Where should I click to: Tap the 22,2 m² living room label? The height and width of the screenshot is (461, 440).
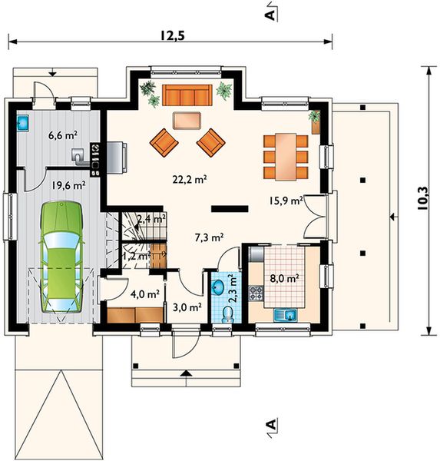click(190, 179)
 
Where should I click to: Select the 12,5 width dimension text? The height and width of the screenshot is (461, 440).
click(172, 35)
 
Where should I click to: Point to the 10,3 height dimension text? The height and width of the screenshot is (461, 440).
click(422, 198)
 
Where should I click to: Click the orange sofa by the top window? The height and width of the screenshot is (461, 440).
click(187, 95)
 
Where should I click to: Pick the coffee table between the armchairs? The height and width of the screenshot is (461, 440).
click(187, 121)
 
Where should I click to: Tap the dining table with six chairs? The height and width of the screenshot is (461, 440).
click(286, 157)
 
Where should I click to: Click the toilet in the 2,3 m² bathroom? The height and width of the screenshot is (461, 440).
click(227, 314)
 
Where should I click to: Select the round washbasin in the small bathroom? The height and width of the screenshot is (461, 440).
click(218, 287)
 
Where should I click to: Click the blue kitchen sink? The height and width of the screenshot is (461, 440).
click(286, 315)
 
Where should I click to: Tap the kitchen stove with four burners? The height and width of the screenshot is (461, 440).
click(256, 294)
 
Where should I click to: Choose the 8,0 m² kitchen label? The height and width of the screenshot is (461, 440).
click(285, 278)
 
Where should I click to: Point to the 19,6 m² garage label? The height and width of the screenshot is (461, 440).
click(69, 185)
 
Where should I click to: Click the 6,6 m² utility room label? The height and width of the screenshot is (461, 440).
click(63, 135)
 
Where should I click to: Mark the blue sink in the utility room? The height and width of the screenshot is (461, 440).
click(22, 122)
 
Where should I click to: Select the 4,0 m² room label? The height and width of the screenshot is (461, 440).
click(145, 294)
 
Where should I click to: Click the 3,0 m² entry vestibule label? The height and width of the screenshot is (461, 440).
click(187, 307)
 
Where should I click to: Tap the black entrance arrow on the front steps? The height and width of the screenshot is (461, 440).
click(186, 373)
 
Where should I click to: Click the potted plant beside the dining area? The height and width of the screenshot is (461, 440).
click(315, 121)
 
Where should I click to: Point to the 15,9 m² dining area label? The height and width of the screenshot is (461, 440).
click(286, 201)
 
